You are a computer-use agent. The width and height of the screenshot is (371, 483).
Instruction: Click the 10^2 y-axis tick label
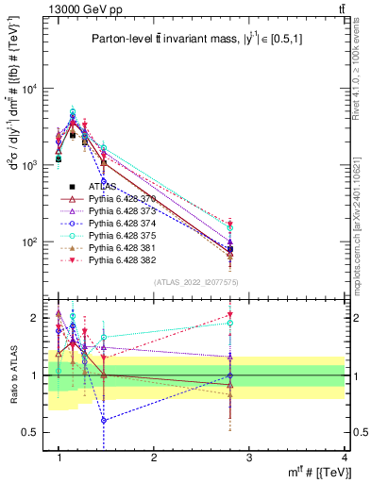click(x=32, y=242)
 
